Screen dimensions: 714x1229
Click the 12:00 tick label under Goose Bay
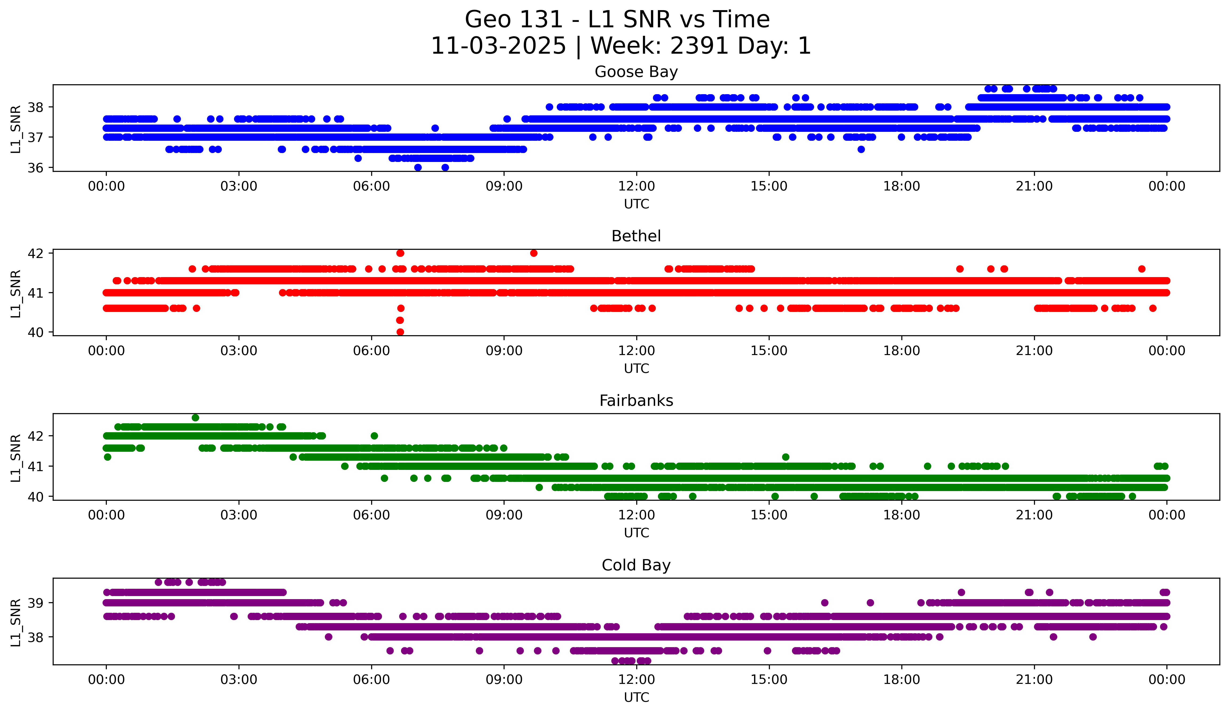point(636,186)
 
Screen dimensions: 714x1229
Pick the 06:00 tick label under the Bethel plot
point(372,351)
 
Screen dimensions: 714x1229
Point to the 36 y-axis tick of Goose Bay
point(35,168)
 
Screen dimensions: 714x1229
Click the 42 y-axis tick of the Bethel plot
point(35,253)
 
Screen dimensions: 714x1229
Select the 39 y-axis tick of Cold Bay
point(35,603)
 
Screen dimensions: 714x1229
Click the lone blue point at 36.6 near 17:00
point(861,149)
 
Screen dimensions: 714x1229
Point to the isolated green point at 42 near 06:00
point(374,436)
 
